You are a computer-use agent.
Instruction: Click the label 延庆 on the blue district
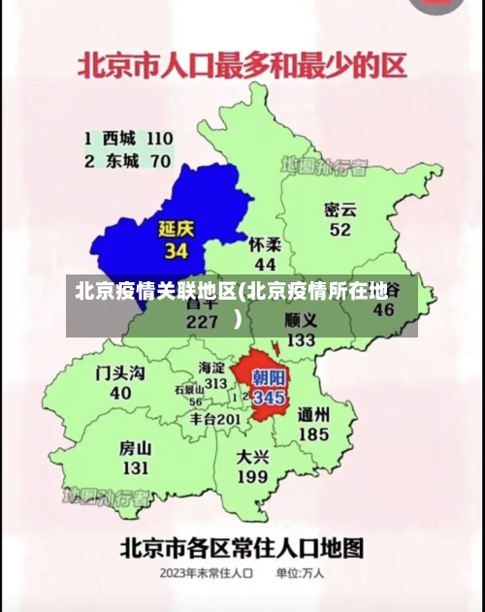[177, 230]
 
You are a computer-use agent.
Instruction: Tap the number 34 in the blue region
[176, 251]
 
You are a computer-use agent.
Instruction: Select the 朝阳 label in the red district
[269, 378]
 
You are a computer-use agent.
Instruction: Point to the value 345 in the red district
[269, 397]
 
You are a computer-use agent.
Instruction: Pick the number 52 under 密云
[339, 230]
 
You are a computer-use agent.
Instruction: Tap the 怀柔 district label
[265, 244]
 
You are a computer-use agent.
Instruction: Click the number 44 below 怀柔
[265, 264]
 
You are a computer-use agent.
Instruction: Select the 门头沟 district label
[120, 372]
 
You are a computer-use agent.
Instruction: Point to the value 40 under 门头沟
[120, 393]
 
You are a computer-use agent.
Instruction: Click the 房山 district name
[135, 448]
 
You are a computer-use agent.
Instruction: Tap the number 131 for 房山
[135, 468]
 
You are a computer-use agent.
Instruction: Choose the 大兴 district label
[252, 456]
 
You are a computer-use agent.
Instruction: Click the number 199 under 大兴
[252, 477]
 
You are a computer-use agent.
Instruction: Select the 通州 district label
[313, 414]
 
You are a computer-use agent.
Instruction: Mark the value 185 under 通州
[313, 435]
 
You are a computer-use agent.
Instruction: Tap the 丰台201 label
[214, 419]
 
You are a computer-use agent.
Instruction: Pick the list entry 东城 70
[127, 161]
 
